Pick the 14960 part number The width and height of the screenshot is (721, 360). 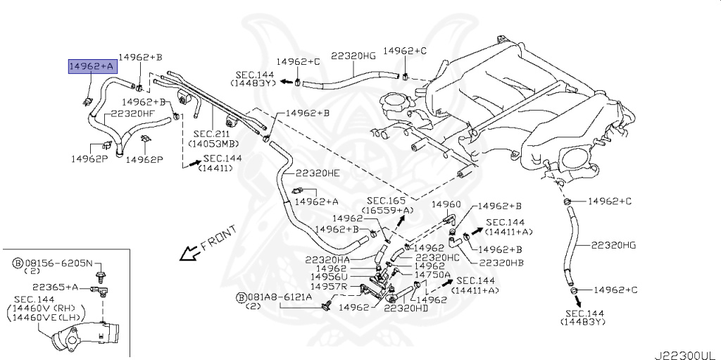click(446, 204)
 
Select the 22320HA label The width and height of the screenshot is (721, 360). click(328, 259)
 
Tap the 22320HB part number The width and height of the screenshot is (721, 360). click(501, 263)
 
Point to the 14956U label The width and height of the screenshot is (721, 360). click(331, 278)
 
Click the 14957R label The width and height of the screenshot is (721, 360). click(330, 287)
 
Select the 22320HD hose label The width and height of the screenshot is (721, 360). click(406, 308)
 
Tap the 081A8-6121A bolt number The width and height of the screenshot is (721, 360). click(273, 298)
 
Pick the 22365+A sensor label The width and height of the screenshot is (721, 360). click(54, 287)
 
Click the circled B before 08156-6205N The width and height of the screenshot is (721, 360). click(18, 263)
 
